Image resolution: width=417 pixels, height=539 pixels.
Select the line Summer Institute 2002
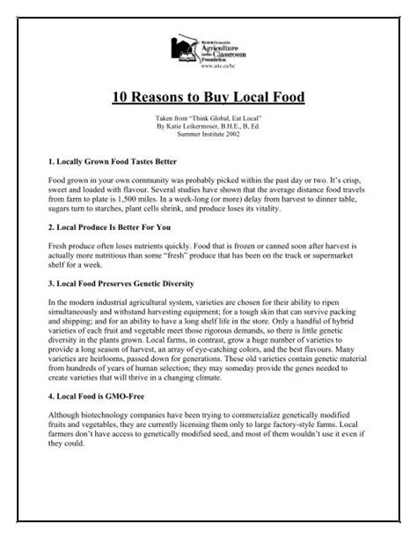click(208, 135)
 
